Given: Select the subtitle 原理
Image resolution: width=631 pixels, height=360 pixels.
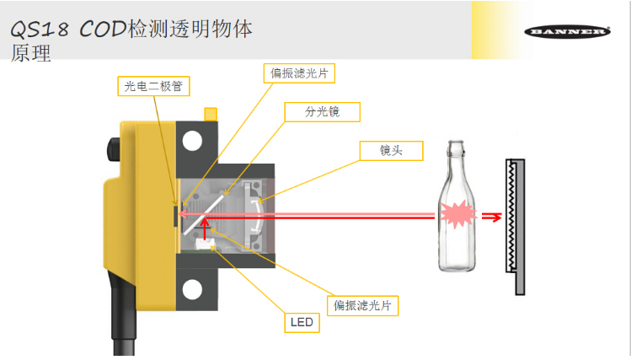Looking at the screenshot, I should [x=31, y=55].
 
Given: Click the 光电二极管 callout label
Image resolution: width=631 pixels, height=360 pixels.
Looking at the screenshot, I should [x=153, y=85].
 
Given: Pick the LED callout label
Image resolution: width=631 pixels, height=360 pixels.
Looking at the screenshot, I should [x=302, y=322].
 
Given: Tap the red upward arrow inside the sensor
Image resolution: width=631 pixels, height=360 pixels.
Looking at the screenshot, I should [x=203, y=228].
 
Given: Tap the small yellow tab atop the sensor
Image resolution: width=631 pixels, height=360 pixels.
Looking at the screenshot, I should [x=210, y=112].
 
